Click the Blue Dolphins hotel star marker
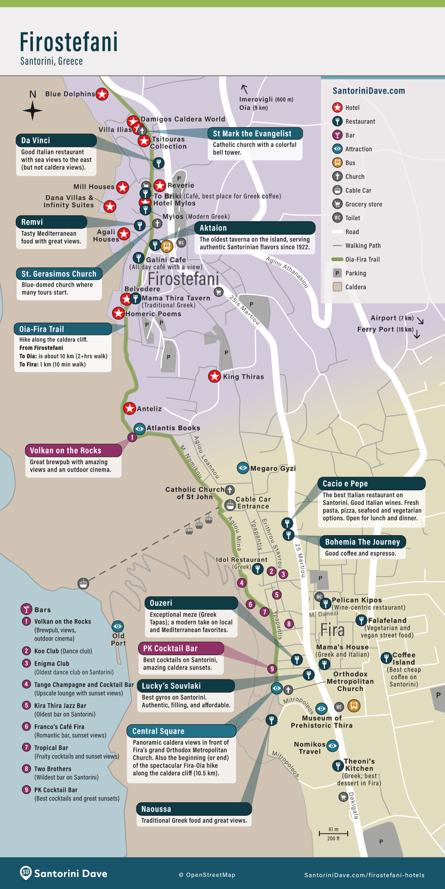click(x=102, y=94)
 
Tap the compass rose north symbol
click(x=32, y=111)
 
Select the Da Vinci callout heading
click(x=56, y=141)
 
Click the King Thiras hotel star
click(x=214, y=377)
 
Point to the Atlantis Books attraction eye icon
click(x=140, y=428)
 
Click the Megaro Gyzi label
click(x=273, y=468)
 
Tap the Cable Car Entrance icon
click(x=230, y=505)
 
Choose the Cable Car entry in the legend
click(x=358, y=191)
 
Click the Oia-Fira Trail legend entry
click(x=362, y=260)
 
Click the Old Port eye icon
click(x=118, y=627)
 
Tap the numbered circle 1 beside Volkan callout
click(x=132, y=437)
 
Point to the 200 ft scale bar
click(x=333, y=833)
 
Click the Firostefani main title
click(x=69, y=42)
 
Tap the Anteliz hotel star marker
click(x=129, y=409)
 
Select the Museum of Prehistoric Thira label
click(x=322, y=722)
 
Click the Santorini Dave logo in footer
click(x=64, y=873)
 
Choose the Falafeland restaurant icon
click(x=361, y=620)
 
